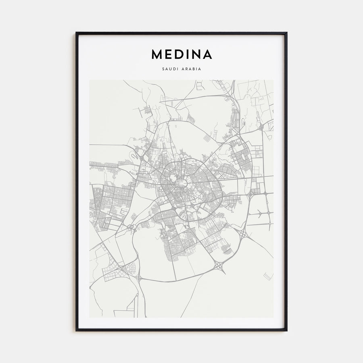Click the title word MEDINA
click(181, 54)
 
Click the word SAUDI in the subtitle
click(169, 69)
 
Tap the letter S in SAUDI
click(163, 69)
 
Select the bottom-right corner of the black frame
click(286, 330)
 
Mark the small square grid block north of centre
click(207, 138)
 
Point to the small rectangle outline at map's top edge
click(200, 85)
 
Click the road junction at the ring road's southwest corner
click(139, 278)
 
